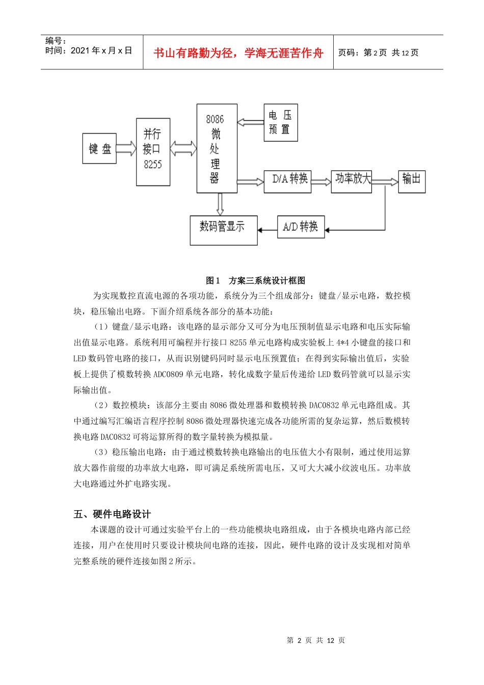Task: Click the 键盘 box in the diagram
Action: (99, 148)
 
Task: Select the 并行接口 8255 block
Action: (153, 152)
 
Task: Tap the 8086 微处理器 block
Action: (217, 148)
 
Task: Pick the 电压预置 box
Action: (280, 122)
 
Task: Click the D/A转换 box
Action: (287, 181)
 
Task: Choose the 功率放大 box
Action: (351, 180)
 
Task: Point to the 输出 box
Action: (411, 181)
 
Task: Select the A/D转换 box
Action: (301, 227)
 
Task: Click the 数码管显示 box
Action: (223, 230)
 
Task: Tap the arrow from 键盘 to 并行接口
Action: (126, 148)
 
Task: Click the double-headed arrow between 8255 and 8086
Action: (183, 148)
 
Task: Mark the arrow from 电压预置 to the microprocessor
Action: (250, 122)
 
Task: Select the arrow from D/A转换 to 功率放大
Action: (321, 181)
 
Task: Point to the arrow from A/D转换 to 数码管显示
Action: (267, 230)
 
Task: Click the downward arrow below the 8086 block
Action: (220, 204)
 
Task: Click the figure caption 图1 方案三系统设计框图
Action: (255, 280)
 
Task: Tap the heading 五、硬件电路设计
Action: (112, 514)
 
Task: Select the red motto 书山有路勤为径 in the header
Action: (238, 53)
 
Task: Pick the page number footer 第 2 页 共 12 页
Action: (315, 640)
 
